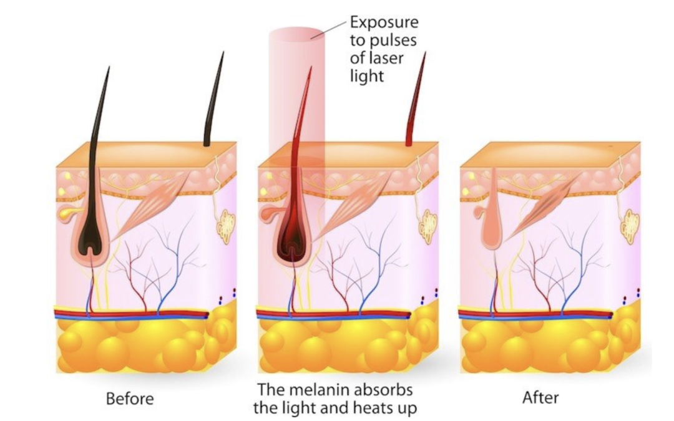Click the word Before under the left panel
[x=129, y=398]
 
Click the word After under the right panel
[x=540, y=397]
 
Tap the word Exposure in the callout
[x=384, y=22]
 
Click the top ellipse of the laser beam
[x=297, y=34]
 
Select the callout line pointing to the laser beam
[x=329, y=28]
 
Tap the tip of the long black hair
[x=109, y=67]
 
